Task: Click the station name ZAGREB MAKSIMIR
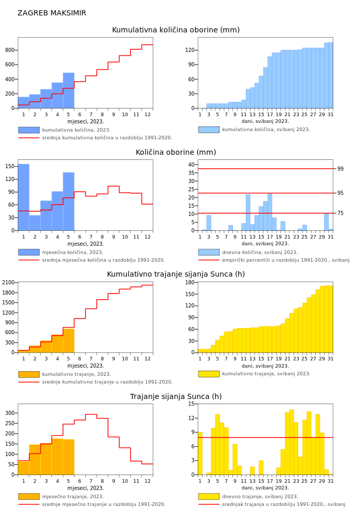click(x=52, y=13)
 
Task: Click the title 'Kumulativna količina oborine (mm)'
click(x=175, y=30)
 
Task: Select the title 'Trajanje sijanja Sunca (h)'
click(x=175, y=397)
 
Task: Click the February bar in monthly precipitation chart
click(x=35, y=223)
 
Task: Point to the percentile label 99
click(x=340, y=169)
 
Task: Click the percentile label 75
click(x=340, y=213)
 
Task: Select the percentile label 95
click(x=340, y=193)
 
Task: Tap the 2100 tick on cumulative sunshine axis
click(x=8, y=282)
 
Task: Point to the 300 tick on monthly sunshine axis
click(x=10, y=413)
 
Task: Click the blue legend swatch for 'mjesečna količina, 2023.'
click(x=29, y=252)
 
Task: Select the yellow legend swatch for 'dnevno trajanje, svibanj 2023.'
click(x=209, y=497)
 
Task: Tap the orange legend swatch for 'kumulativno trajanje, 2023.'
click(x=29, y=374)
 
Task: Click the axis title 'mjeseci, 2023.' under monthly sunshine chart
click(x=85, y=488)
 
